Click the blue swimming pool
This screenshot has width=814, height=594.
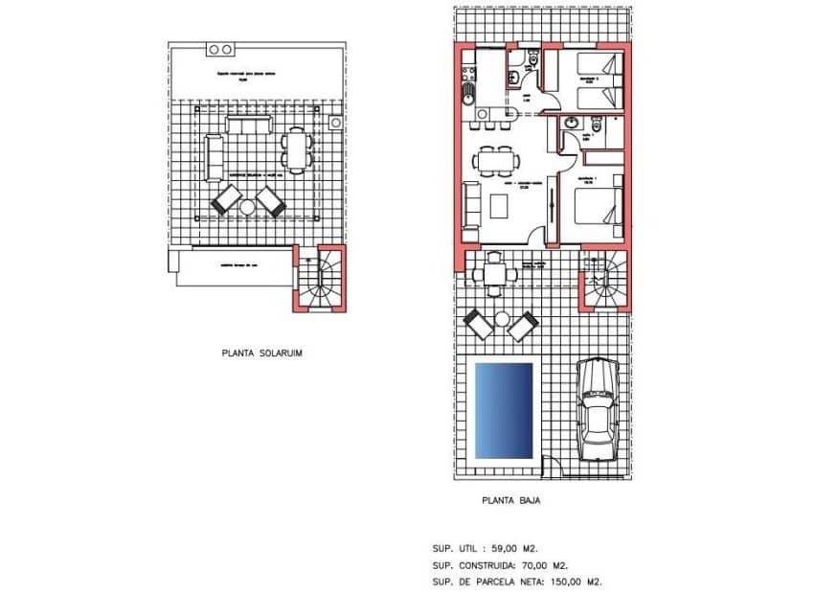[x=505, y=409]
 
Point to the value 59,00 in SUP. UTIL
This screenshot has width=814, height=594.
[x=507, y=549]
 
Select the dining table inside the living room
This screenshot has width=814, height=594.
[x=497, y=160]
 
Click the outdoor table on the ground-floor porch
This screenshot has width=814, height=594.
[x=494, y=273]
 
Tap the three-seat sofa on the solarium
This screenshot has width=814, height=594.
[x=248, y=125]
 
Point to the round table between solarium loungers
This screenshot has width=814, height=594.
[x=247, y=205]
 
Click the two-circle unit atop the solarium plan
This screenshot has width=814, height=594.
[x=220, y=49]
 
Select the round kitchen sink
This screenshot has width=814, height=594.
[x=467, y=94]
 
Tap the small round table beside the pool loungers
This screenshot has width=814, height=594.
[x=502, y=318]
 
